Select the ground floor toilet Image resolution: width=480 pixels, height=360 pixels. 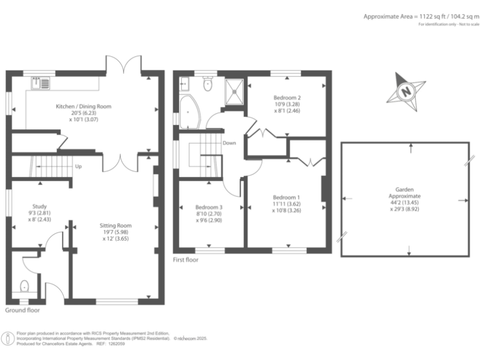pyautogui.click(x=24, y=286)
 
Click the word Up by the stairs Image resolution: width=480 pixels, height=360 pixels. pyautogui.click(x=78, y=167)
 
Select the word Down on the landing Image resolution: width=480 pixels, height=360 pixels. pyautogui.click(x=229, y=143)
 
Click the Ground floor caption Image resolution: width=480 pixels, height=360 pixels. pyautogui.click(x=22, y=310)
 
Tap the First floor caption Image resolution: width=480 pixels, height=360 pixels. pyautogui.click(x=186, y=259)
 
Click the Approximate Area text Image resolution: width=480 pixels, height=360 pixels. pyautogui.click(x=416, y=16)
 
